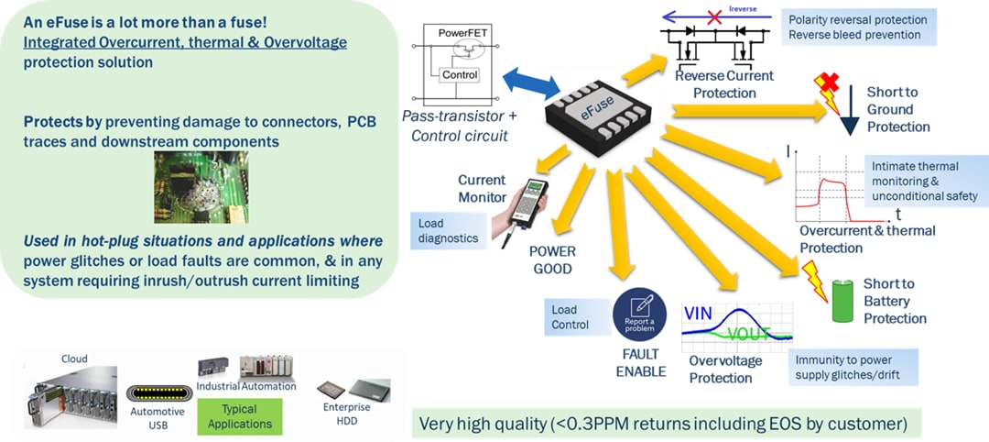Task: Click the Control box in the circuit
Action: (x=459, y=74)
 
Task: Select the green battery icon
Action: (x=843, y=302)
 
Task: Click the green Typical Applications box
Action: (x=239, y=416)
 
